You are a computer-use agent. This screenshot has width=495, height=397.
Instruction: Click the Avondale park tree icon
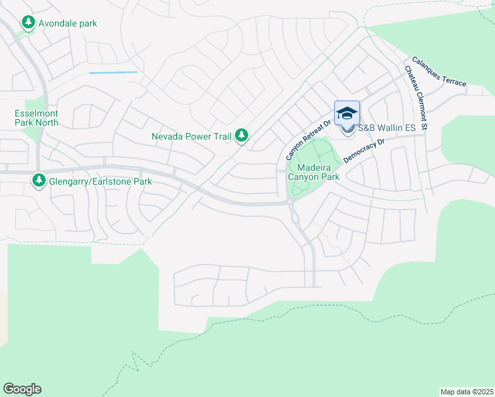tap(28, 23)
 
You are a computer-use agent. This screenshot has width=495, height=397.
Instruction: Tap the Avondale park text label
tap(67, 24)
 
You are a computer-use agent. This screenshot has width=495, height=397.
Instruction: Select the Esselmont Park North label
tap(36, 118)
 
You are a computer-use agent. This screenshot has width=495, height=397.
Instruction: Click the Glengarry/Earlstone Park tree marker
tap(39, 181)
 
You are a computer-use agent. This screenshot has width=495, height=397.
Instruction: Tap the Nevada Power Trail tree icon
tap(242, 136)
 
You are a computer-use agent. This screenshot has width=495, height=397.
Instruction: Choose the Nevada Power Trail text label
tap(191, 137)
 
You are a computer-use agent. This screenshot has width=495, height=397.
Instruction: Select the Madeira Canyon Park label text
tap(314, 173)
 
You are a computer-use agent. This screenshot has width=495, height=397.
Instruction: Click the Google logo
tap(22, 389)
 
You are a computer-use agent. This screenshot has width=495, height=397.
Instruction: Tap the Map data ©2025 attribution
tap(467, 391)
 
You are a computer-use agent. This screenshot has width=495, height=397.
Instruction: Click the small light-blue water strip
tap(113, 72)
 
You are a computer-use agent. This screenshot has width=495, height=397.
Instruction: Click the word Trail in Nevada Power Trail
tap(220, 137)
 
